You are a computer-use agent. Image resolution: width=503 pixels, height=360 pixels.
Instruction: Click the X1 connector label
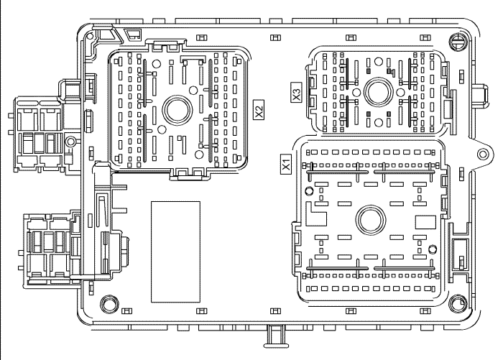tap(285, 162)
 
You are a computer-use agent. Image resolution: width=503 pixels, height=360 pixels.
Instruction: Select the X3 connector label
tap(295, 93)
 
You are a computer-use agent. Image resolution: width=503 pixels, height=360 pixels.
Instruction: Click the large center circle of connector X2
tap(175, 110)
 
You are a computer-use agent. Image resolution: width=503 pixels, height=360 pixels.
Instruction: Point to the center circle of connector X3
tap(376, 91)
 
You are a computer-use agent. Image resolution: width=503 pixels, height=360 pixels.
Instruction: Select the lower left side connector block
tap(50, 244)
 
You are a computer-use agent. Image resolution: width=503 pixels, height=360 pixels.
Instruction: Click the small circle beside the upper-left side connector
tap(70, 142)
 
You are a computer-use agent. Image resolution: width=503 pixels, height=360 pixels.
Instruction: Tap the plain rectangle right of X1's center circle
tap(425, 221)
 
